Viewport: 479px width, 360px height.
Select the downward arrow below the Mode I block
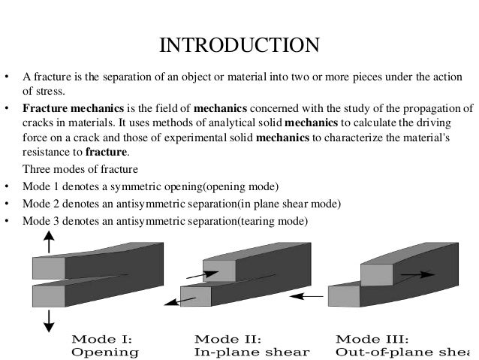49,319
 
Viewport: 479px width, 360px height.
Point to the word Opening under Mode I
105,351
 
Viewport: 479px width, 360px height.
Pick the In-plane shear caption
252,351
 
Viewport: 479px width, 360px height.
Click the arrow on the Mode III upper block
417,275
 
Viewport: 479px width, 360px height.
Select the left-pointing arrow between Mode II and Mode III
307,296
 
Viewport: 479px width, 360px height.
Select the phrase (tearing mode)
273,222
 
